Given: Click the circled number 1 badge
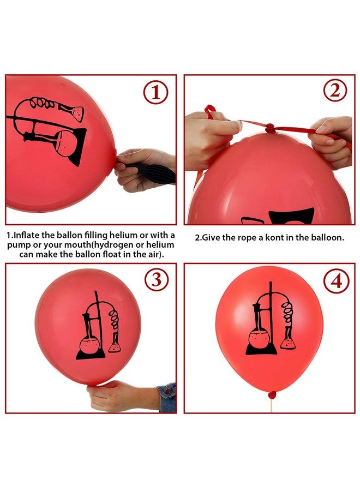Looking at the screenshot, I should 156,93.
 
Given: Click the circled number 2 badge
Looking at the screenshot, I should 334,91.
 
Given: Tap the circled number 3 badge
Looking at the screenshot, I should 156,280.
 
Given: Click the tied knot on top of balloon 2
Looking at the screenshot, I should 269,128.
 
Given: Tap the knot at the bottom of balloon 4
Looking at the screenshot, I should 272,394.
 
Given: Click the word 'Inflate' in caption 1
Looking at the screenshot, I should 27,235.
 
